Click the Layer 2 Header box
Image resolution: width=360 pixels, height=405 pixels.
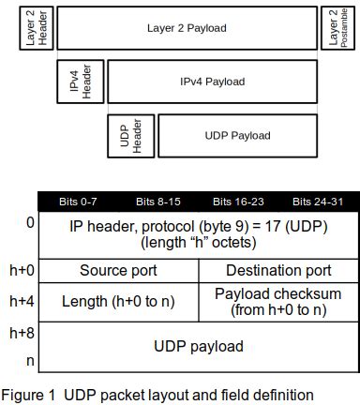pyautogui.click(x=36, y=28)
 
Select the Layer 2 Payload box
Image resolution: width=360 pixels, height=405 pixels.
pyautogui.click(x=187, y=28)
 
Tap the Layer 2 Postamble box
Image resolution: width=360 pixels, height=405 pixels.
pyautogui.click(x=338, y=28)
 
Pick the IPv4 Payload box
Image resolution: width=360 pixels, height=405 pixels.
pyautogui.click(x=212, y=82)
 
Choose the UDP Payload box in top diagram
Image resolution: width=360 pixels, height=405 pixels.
pyautogui.click(x=237, y=135)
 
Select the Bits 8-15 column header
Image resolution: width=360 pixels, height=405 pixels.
pyautogui.click(x=157, y=202)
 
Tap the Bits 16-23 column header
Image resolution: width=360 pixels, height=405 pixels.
pyautogui.click(x=235, y=202)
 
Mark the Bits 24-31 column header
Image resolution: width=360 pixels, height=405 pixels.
pyautogui.click(x=315, y=202)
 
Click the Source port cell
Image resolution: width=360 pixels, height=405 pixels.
pyautogui.click(x=118, y=271)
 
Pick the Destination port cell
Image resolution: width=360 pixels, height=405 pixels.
pyautogui.click(x=278, y=271)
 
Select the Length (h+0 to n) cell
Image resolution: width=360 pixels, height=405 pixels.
pyautogui.click(x=118, y=302)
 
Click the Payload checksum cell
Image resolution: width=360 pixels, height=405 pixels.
pyautogui.click(x=278, y=302)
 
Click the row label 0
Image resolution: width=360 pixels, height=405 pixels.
pyautogui.click(x=30, y=223)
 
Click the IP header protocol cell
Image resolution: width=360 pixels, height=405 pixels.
pyautogui.click(x=198, y=234)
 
